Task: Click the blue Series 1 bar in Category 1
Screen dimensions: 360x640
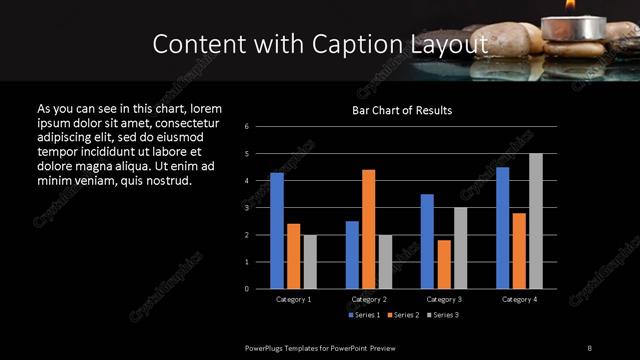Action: point(277,231)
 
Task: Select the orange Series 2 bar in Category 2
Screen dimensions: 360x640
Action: point(368,229)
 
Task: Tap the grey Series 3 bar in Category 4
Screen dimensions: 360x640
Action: point(535,221)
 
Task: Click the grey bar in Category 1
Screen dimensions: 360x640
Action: point(309,262)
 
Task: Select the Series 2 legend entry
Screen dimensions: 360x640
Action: point(403,315)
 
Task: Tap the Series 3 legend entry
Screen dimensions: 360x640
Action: point(444,315)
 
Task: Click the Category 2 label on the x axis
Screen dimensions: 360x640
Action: point(369,299)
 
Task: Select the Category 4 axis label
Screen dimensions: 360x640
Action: point(519,299)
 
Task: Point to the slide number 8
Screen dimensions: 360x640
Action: point(589,347)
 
